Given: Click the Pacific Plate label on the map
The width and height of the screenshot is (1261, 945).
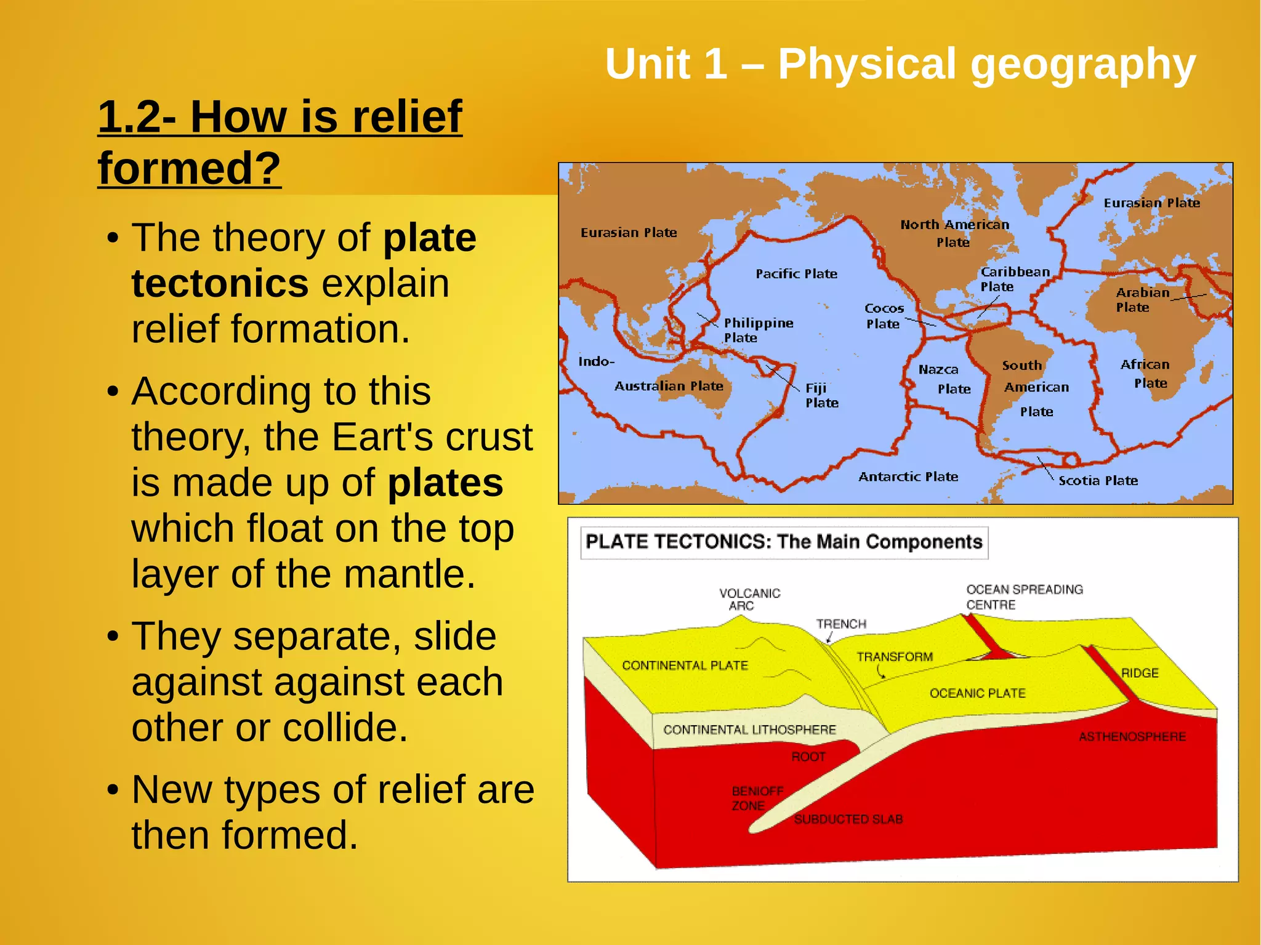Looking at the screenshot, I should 796,274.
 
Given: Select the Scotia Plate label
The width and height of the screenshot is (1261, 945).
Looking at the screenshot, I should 1098,481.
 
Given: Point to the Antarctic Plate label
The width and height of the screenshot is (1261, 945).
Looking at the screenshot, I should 908,477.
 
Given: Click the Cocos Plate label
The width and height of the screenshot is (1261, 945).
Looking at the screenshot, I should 884,316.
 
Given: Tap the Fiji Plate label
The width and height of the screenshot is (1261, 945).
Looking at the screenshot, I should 821,395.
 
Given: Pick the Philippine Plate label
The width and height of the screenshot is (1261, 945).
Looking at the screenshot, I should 758,330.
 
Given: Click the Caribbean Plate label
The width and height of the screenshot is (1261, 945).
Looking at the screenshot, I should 1014,279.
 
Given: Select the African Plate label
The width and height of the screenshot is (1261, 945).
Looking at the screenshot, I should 1145,374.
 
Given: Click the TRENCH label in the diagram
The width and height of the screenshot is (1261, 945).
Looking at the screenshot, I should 841,624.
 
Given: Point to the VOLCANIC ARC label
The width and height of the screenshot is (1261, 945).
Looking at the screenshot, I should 749,599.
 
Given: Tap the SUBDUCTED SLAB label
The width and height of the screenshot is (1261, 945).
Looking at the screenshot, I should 848,819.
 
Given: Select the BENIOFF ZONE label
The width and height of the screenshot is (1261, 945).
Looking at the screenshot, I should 757,798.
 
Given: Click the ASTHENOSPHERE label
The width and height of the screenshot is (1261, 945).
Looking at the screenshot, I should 1132,736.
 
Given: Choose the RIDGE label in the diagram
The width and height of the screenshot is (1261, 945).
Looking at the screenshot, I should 1140,673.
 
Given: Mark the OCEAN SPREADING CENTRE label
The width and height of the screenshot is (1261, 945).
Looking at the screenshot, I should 1023,597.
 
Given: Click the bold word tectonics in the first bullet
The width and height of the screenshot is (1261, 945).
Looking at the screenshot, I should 220,284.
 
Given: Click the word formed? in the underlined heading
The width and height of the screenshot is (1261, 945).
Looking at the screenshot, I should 189,168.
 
